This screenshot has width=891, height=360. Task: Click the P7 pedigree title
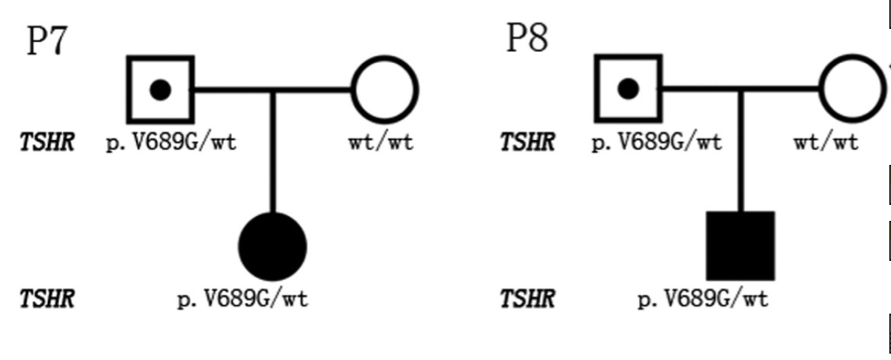(x=48, y=41)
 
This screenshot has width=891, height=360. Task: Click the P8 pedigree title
(x=527, y=38)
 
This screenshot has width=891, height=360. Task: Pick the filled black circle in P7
(x=273, y=247)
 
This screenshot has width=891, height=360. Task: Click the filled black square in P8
(x=741, y=246)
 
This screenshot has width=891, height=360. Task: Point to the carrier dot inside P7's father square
(x=160, y=90)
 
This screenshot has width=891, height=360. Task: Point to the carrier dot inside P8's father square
(x=628, y=89)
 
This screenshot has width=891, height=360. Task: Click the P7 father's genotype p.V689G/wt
(x=171, y=142)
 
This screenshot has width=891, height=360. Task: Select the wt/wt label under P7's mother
(x=382, y=142)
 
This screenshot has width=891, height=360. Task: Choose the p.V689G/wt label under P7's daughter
(x=243, y=298)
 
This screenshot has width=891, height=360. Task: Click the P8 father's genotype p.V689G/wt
(x=657, y=142)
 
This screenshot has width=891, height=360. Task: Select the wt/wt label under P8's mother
(x=826, y=142)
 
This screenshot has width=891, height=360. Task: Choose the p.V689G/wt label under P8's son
(x=703, y=298)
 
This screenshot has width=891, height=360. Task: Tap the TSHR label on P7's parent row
(x=47, y=142)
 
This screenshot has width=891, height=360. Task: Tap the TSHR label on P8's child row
(x=527, y=298)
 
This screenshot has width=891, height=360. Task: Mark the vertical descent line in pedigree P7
(x=273, y=152)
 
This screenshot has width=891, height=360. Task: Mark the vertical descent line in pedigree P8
(x=741, y=150)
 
